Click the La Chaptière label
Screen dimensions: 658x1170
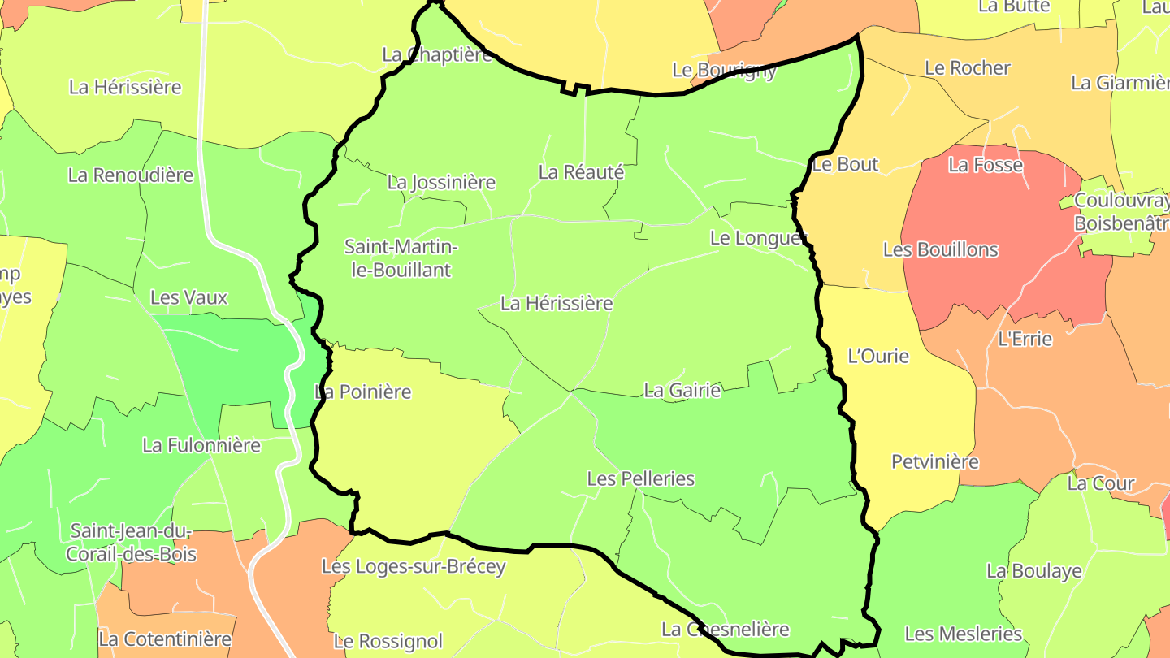coord(437,54)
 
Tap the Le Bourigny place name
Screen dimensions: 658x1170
coord(724,70)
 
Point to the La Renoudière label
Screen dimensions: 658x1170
coord(131,175)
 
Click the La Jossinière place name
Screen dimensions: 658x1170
coord(441,182)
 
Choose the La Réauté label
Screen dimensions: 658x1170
coord(581,172)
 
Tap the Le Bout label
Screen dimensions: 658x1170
coord(845,164)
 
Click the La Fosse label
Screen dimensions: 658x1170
coord(986,165)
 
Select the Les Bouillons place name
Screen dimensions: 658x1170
coord(940,249)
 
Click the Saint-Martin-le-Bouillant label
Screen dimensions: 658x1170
coord(401,258)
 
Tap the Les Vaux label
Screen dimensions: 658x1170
coord(188,297)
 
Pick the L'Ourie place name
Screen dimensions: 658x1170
coord(878,356)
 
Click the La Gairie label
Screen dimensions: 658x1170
coord(682,391)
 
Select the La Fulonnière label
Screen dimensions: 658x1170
coord(201,445)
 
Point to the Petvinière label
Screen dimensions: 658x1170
coord(935,461)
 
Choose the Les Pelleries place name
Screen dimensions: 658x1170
coord(640,478)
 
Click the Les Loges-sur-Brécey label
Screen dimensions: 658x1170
coord(414,566)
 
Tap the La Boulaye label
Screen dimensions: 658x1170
coord(1034,571)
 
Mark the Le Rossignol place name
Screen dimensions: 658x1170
coord(388,641)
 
